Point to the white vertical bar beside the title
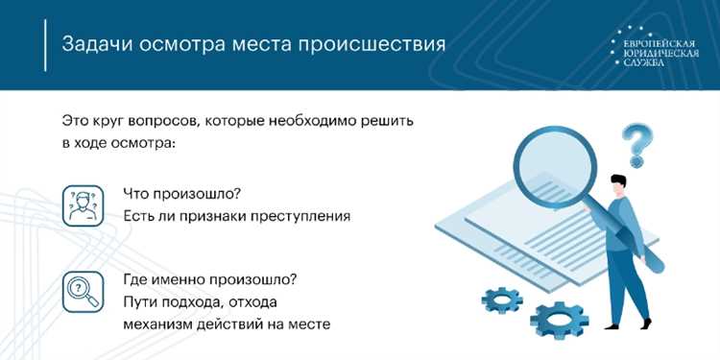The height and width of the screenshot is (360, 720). point(45,44)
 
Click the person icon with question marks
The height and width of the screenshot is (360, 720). point(83,204)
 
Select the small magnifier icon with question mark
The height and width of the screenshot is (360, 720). point(83,290)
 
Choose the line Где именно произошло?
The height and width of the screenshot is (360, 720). point(210,279)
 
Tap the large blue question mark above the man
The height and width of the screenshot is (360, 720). point(635,145)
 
